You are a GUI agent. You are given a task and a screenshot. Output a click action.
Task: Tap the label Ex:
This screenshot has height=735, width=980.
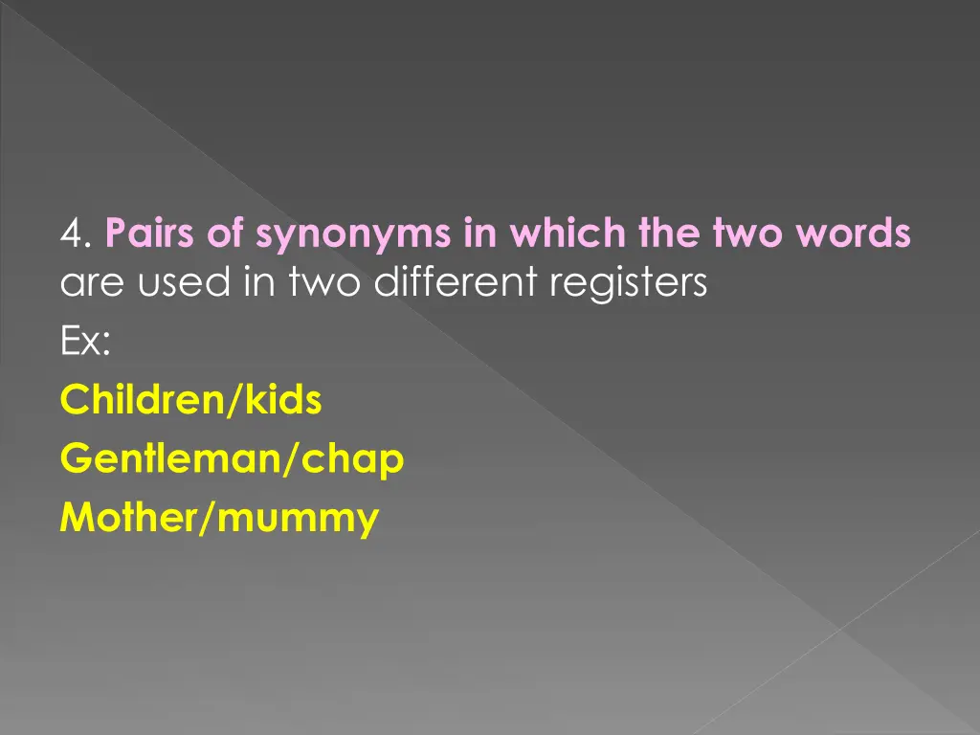(x=84, y=343)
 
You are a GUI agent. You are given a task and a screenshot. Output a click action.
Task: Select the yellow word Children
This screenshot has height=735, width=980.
(x=140, y=401)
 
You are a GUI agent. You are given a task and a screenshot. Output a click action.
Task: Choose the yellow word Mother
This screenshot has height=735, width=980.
(x=124, y=519)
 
